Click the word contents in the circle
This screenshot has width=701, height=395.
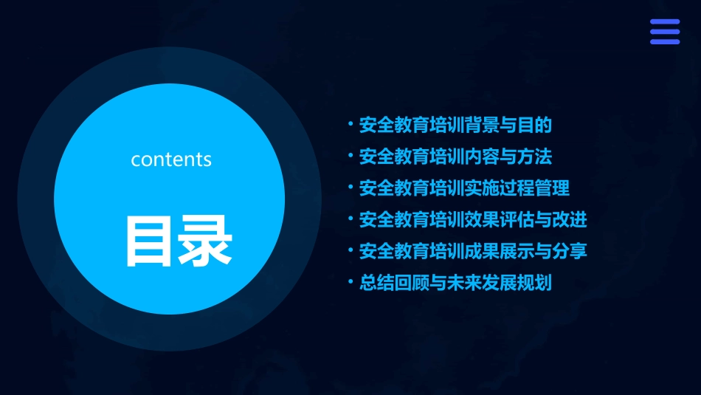click(171, 159)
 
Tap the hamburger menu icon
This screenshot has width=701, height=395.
click(665, 32)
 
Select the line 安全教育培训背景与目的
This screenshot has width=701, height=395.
click(455, 125)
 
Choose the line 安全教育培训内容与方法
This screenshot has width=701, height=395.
click(455, 157)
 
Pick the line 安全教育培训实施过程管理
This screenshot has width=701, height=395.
click(464, 188)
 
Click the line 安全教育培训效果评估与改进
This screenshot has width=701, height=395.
click(473, 219)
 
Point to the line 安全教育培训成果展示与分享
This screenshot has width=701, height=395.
click(473, 251)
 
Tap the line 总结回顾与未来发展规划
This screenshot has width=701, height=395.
click(455, 283)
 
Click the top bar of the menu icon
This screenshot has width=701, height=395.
click(665, 22)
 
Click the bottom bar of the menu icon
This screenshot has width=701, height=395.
click(665, 41)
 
